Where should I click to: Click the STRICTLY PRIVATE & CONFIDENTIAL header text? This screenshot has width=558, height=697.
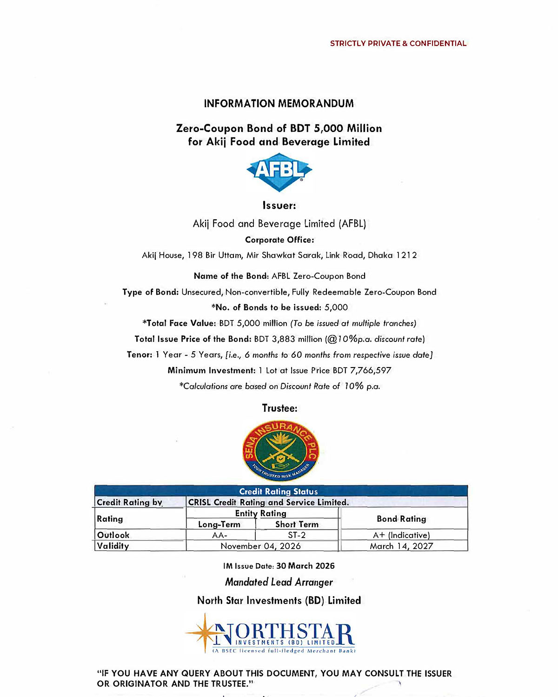pos(398,43)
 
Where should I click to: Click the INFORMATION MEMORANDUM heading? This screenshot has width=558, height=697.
pos(279,103)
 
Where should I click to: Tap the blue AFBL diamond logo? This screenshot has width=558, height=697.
pos(279,171)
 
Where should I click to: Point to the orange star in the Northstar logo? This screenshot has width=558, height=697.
pos(205,632)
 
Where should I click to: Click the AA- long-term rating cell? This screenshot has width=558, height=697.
pos(220,535)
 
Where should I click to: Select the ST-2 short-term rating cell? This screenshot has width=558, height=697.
pos(297,535)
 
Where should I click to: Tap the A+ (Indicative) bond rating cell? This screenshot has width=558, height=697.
pos(401,535)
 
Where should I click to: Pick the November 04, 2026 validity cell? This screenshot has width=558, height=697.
pos(260,546)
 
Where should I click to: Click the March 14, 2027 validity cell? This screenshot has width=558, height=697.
pos(401,546)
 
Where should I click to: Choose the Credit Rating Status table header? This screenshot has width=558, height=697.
pos(279,491)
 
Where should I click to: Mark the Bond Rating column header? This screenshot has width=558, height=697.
pos(401,519)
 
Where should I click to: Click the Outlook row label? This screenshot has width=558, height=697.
pos(113,535)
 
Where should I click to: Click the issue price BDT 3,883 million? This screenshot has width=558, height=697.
pos(288,339)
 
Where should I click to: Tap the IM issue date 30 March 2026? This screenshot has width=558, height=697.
pos(305,566)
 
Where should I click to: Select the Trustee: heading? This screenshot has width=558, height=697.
pos(279,408)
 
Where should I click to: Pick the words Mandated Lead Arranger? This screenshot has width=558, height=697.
pos(279,582)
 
